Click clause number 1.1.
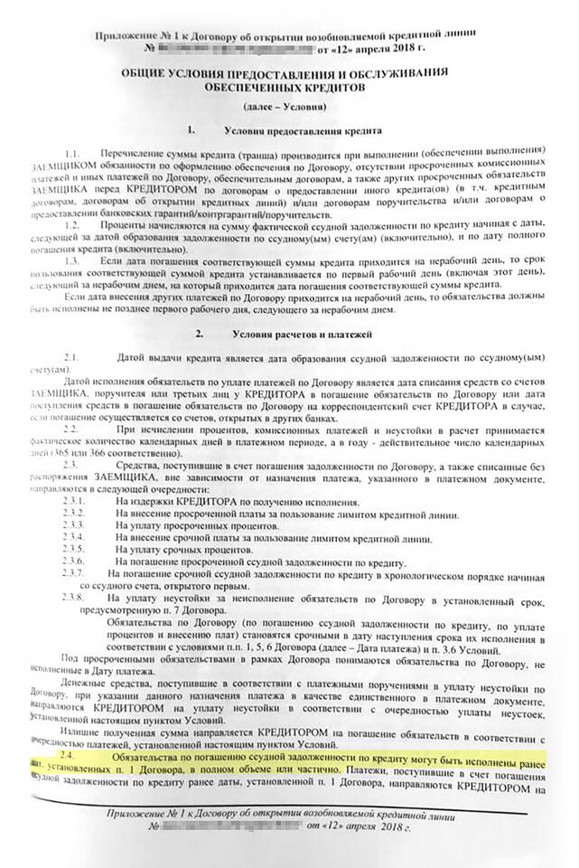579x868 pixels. [x=71, y=147]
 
